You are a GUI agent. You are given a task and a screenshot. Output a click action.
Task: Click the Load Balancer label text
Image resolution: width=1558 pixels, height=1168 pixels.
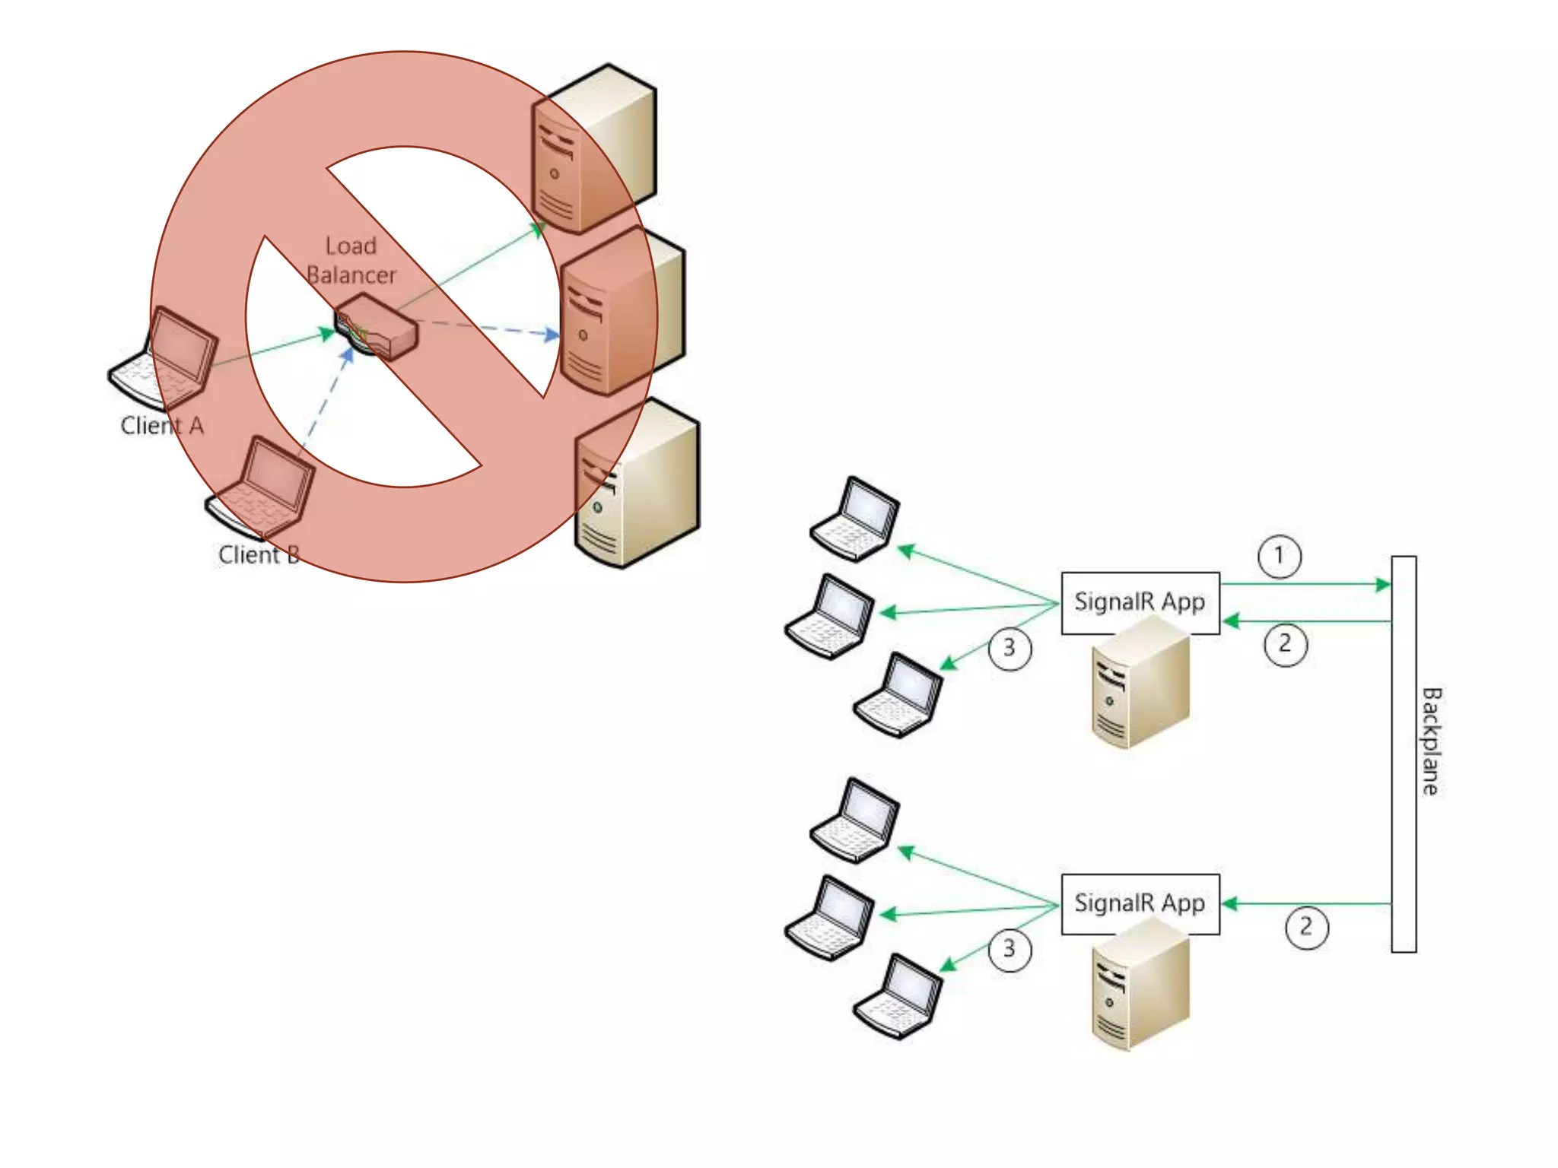pyautogui.click(x=351, y=260)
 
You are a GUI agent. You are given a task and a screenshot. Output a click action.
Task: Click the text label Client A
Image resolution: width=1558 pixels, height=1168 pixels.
pyautogui.click(x=162, y=426)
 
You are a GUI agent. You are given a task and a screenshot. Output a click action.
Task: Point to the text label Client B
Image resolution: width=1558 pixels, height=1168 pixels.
pyautogui.click(x=259, y=555)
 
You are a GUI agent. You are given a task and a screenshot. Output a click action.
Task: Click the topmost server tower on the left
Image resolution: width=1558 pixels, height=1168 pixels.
pyautogui.click(x=594, y=148)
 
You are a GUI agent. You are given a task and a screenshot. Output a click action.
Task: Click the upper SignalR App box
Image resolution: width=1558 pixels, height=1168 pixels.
pyautogui.click(x=1140, y=602)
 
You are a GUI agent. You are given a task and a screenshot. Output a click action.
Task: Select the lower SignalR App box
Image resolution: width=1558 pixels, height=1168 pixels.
pyautogui.click(x=1140, y=903)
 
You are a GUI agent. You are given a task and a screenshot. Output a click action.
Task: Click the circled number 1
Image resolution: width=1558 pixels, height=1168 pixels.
pyautogui.click(x=1280, y=556)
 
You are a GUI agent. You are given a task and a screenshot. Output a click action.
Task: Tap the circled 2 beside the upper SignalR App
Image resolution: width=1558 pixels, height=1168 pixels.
pyautogui.click(x=1286, y=644)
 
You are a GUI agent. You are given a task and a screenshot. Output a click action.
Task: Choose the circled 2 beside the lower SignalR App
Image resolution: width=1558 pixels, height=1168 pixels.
pyautogui.click(x=1307, y=927)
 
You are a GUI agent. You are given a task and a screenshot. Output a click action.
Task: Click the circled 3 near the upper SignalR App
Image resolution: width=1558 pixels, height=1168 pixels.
pyautogui.click(x=1010, y=649)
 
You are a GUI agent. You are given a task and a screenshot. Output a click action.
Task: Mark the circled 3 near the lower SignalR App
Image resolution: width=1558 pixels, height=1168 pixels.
pyautogui.click(x=1010, y=950)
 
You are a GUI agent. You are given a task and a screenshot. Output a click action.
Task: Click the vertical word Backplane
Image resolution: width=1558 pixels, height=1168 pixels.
pyautogui.click(x=1431, y=741)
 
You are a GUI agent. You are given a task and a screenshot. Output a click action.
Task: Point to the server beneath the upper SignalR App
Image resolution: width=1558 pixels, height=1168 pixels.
pyautogui.click(x=1140, y=684)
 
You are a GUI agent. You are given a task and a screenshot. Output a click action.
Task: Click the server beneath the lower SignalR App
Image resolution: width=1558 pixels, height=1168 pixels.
pyautogui.click(x=1140, y=985)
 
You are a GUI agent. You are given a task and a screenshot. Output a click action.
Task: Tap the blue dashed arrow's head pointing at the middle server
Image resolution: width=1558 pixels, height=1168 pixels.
pyautogui.click(x=552, y=335)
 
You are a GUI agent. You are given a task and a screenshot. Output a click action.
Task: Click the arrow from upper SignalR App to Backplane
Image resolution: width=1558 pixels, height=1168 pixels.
pyautogui.click(x=1305, y=584)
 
